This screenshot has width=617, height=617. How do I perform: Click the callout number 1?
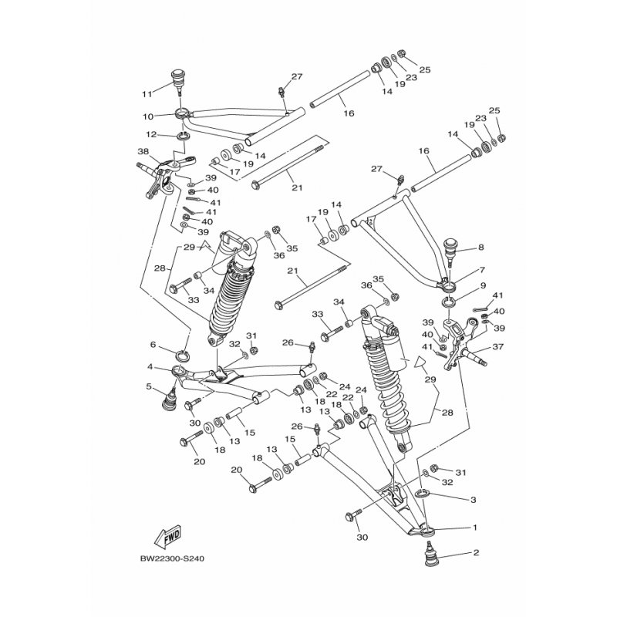tap(475, 528)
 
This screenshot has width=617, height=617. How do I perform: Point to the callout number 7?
tap(481, 271)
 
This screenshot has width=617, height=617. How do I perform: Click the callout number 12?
tap(151, 134)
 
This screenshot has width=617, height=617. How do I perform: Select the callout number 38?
tap(143, 151)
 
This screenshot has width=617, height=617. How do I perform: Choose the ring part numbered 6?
tap(185, 356)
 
